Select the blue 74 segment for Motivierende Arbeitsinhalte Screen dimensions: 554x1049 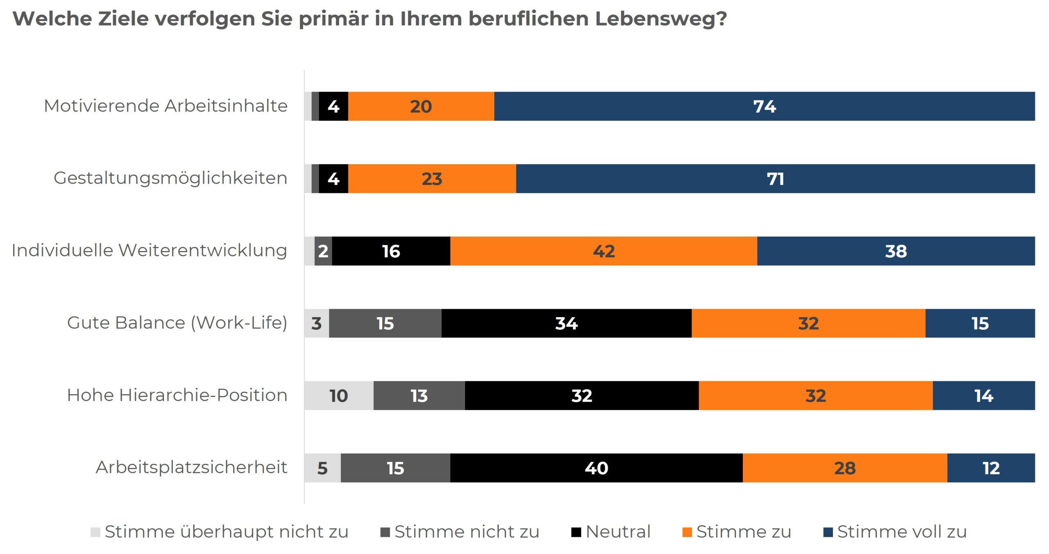coord(764,107)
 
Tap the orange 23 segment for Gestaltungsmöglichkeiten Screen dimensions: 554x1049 coord(432,179)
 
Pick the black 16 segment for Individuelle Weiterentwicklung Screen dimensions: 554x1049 coord(391,251)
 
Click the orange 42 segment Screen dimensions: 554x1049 coord(604,251)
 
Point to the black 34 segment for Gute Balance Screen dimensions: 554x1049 coord(566,323)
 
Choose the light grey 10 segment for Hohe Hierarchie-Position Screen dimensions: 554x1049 coord(338,396)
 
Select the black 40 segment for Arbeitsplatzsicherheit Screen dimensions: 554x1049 coord(596,468)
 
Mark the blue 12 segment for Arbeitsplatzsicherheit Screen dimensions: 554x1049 coord(991,468)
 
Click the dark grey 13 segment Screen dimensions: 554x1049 coord(419,396)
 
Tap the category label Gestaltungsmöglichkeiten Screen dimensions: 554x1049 coord(170,178)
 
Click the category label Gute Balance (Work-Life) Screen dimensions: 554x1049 coord(177,323)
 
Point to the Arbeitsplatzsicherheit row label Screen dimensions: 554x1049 coord(191,468)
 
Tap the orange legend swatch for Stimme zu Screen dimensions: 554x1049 coord(687,532)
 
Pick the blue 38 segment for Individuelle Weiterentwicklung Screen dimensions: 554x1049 coord(896,251)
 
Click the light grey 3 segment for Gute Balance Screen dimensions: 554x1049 coord(316,323)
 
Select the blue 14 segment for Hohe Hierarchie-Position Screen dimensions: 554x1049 coord(983,396)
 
